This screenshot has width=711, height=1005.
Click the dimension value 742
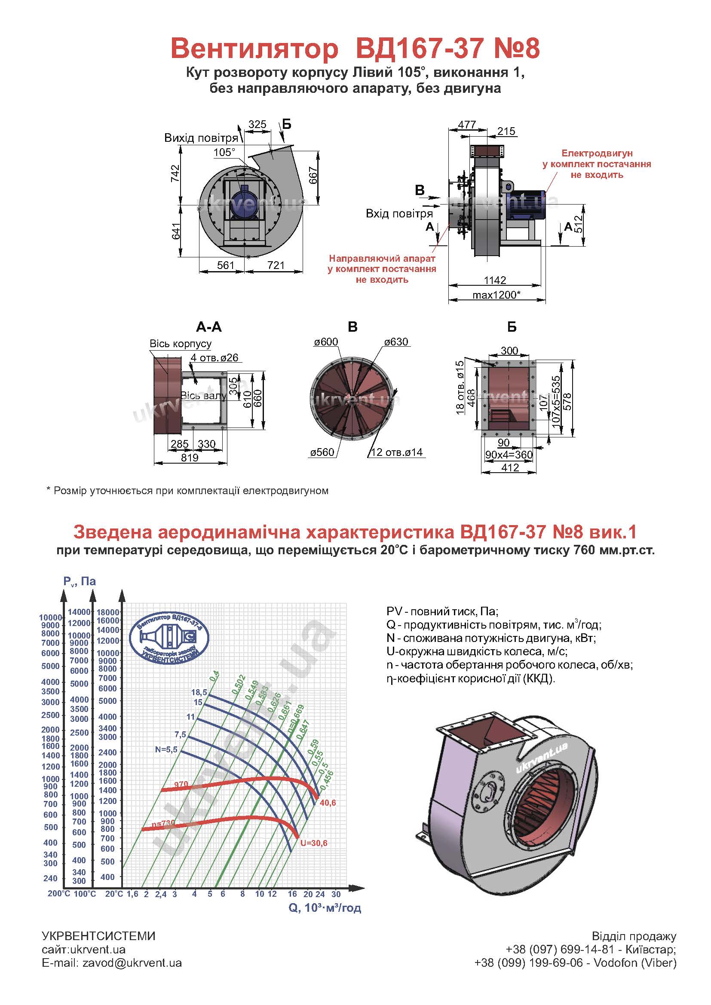[175, 174]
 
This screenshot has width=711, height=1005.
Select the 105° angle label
[224, 153]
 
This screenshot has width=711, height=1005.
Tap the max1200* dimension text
[496, 295]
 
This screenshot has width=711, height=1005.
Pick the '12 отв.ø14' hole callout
[397, 452]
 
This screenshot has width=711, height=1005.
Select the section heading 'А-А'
[209, 327]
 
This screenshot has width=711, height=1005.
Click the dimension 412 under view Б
[510, 467]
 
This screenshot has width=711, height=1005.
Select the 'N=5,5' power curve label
[166, 749]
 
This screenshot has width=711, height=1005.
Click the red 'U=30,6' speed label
[313, 843]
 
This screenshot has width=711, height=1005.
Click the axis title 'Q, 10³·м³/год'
[325, 908]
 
